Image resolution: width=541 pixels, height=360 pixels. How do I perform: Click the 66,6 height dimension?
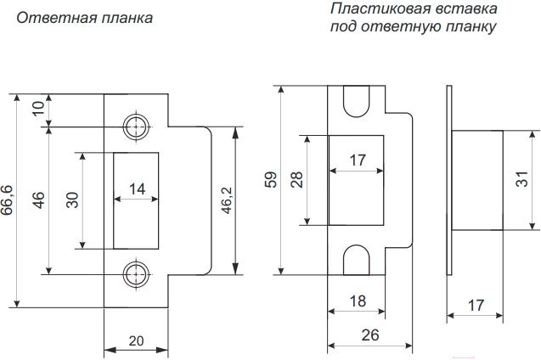[8, 201]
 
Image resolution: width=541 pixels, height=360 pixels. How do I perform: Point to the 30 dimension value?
[73, 200]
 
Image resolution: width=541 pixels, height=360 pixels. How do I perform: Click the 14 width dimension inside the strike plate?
[136, 188]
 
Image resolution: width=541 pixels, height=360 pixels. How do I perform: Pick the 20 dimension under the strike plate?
[136, 340]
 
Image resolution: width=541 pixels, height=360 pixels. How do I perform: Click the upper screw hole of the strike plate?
[134, 127]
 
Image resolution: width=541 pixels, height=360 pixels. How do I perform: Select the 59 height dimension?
[270, 180]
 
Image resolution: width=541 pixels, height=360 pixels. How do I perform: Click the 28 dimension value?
[296, 180]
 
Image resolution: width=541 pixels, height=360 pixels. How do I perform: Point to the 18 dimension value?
[358, 300]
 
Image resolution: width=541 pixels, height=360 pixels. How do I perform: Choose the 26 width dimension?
[370, 335]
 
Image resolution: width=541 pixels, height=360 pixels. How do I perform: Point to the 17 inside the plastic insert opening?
[358, 159]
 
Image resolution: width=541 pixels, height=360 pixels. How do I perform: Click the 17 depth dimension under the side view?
[476, 302]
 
